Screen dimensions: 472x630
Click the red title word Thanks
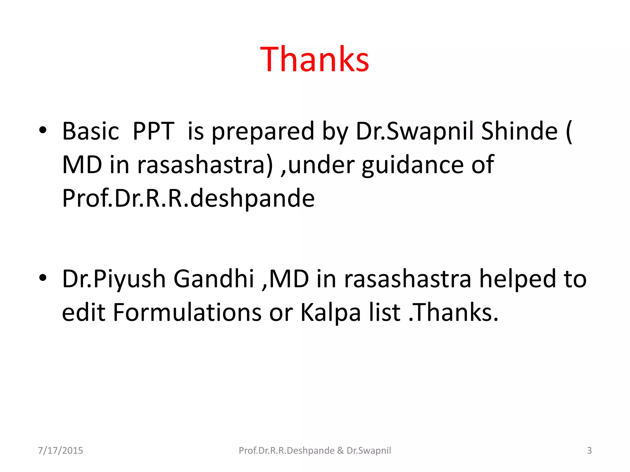point(314,59)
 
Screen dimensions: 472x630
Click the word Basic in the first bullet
point(90,132)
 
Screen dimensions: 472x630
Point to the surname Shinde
point(519,132)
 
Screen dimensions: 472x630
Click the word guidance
point(413,165)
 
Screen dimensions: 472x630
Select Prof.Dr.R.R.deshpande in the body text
point(188,199)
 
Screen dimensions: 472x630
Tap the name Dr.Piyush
point(114,279)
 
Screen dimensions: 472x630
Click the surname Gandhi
point(213,279)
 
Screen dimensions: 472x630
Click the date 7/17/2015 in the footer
point(60,450)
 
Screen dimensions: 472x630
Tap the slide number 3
point(589,450)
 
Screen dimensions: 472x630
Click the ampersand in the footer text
point(340,450)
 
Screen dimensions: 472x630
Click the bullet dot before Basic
point(43,130)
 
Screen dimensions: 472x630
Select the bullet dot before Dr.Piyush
point(43,278)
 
